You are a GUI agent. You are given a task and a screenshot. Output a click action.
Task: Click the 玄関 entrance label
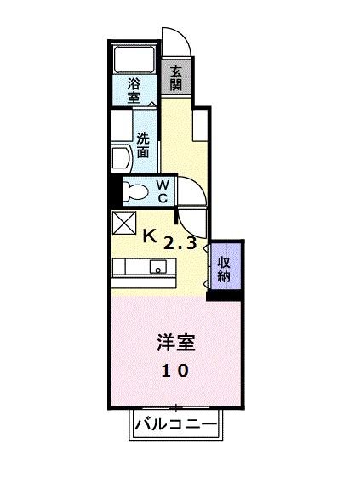[x=175, y=78]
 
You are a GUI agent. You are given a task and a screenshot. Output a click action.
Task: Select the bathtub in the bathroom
[x=133, y=59]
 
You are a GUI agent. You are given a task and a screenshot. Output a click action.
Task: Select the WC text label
[x=163, y=191]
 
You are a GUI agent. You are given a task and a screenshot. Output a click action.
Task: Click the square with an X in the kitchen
[x=123, y=223]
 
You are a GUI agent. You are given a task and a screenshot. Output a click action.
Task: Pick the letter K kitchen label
[x=149, y=236]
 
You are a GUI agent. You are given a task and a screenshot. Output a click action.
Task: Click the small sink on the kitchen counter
[x=157, y=267]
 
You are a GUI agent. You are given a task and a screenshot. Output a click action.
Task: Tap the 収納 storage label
[x=224, y=268]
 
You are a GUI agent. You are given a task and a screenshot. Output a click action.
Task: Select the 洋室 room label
[x=176, y=343]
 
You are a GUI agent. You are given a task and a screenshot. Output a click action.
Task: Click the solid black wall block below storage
[x=225, y=294]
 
